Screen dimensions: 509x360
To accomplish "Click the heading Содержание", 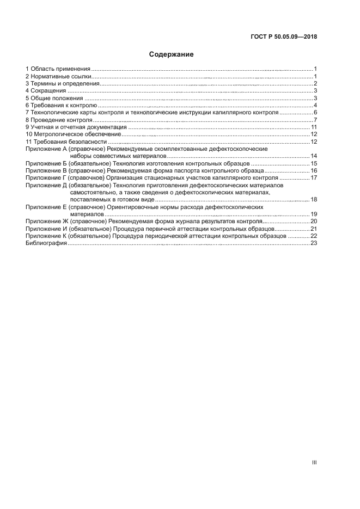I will coord(172,54).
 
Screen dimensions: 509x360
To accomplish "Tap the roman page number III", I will coord(314,462).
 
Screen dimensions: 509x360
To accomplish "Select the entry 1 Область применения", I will coord(58,69).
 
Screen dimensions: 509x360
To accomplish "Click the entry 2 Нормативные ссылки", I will coord(58,76).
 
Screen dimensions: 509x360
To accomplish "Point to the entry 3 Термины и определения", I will coord(62,83).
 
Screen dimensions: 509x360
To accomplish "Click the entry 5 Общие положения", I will coord(55,98).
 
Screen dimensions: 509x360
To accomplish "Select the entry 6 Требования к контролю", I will coord(61,105).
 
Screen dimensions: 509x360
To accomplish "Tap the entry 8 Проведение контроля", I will coord(59,120).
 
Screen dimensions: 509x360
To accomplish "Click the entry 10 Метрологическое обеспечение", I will coord(73,134).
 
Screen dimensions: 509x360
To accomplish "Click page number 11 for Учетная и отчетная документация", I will coord(314,127).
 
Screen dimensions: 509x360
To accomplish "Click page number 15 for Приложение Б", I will coord(314,163).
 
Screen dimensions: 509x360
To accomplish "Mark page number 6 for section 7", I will coord(315,112).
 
